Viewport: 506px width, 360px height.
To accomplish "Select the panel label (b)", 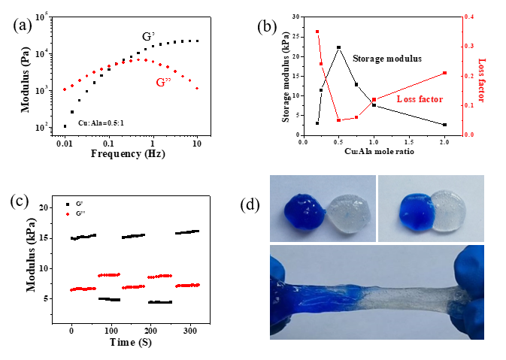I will point(267,27).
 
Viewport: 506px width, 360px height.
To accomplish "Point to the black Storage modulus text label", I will point(386,58).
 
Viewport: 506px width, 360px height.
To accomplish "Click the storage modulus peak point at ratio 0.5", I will point(339,47).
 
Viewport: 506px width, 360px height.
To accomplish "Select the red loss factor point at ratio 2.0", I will point(445,73).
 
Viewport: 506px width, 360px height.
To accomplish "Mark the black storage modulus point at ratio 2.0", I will point(445,125).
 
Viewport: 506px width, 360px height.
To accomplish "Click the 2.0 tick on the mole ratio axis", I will point(445,141).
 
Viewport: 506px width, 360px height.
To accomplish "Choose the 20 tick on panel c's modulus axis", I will point(43,207).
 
